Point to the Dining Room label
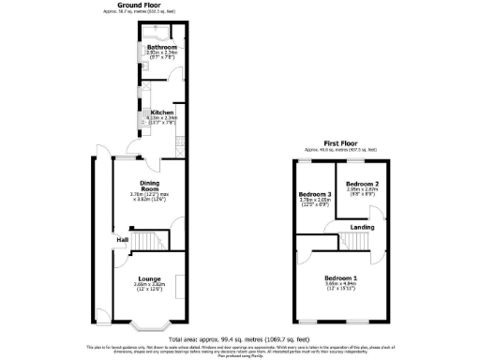point(151,185)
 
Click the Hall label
point(122,241)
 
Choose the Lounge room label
point(149,277)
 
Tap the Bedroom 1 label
point(340,277)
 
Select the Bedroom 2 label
point(362,184)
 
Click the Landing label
point(363,226)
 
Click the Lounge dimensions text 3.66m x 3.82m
point(149,285)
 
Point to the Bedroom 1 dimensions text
point(340,286)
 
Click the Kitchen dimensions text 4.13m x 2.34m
point(163,118)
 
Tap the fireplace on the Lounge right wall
point(184,286)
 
